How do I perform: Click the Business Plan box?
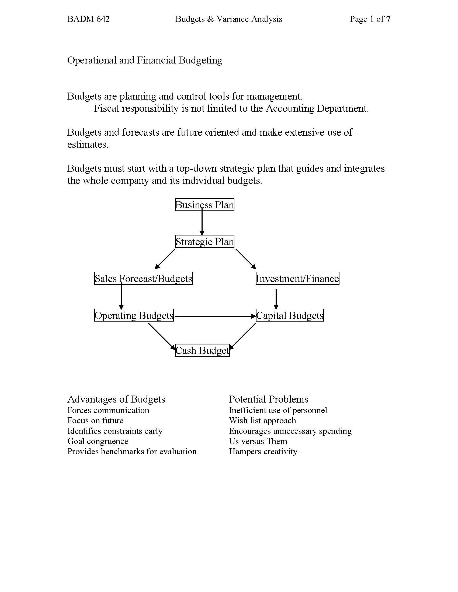pyautogui.click(x=204, y=205)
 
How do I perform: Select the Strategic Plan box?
pyautogui.click(x=204, y=242)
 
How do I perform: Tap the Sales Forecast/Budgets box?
pyautogui.click(x=143, y=279)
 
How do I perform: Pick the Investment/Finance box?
pyautogui.click(x=297, y=279)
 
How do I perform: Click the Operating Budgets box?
pyautogui.click(x=134, y=315)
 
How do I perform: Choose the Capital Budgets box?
pyautogui.click(x=290, y=315)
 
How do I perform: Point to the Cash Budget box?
pyautogui.click(x=202, y=350)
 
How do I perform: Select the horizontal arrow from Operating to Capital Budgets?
pyautogui.click(x=214, y=316)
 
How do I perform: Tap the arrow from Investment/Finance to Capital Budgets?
pyautogui.click(x=276, y=298)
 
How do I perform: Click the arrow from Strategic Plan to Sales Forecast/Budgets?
pyautogui.click(x=165, y=259)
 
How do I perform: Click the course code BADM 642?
pyautogui.click(x=88, y=19)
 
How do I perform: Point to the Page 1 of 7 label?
pyautogui.click(x=370, y=19)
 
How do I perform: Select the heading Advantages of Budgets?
pyautogui.click(x=116, y=399)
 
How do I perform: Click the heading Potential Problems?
pyautogui.click(x=268, y=399)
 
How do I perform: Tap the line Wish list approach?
pyautogui.click(x=262, y=420)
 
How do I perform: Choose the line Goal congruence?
pyautogui.click(x=98, y=441)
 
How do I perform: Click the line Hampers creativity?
pyautogui.click(x=263, y=451)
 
